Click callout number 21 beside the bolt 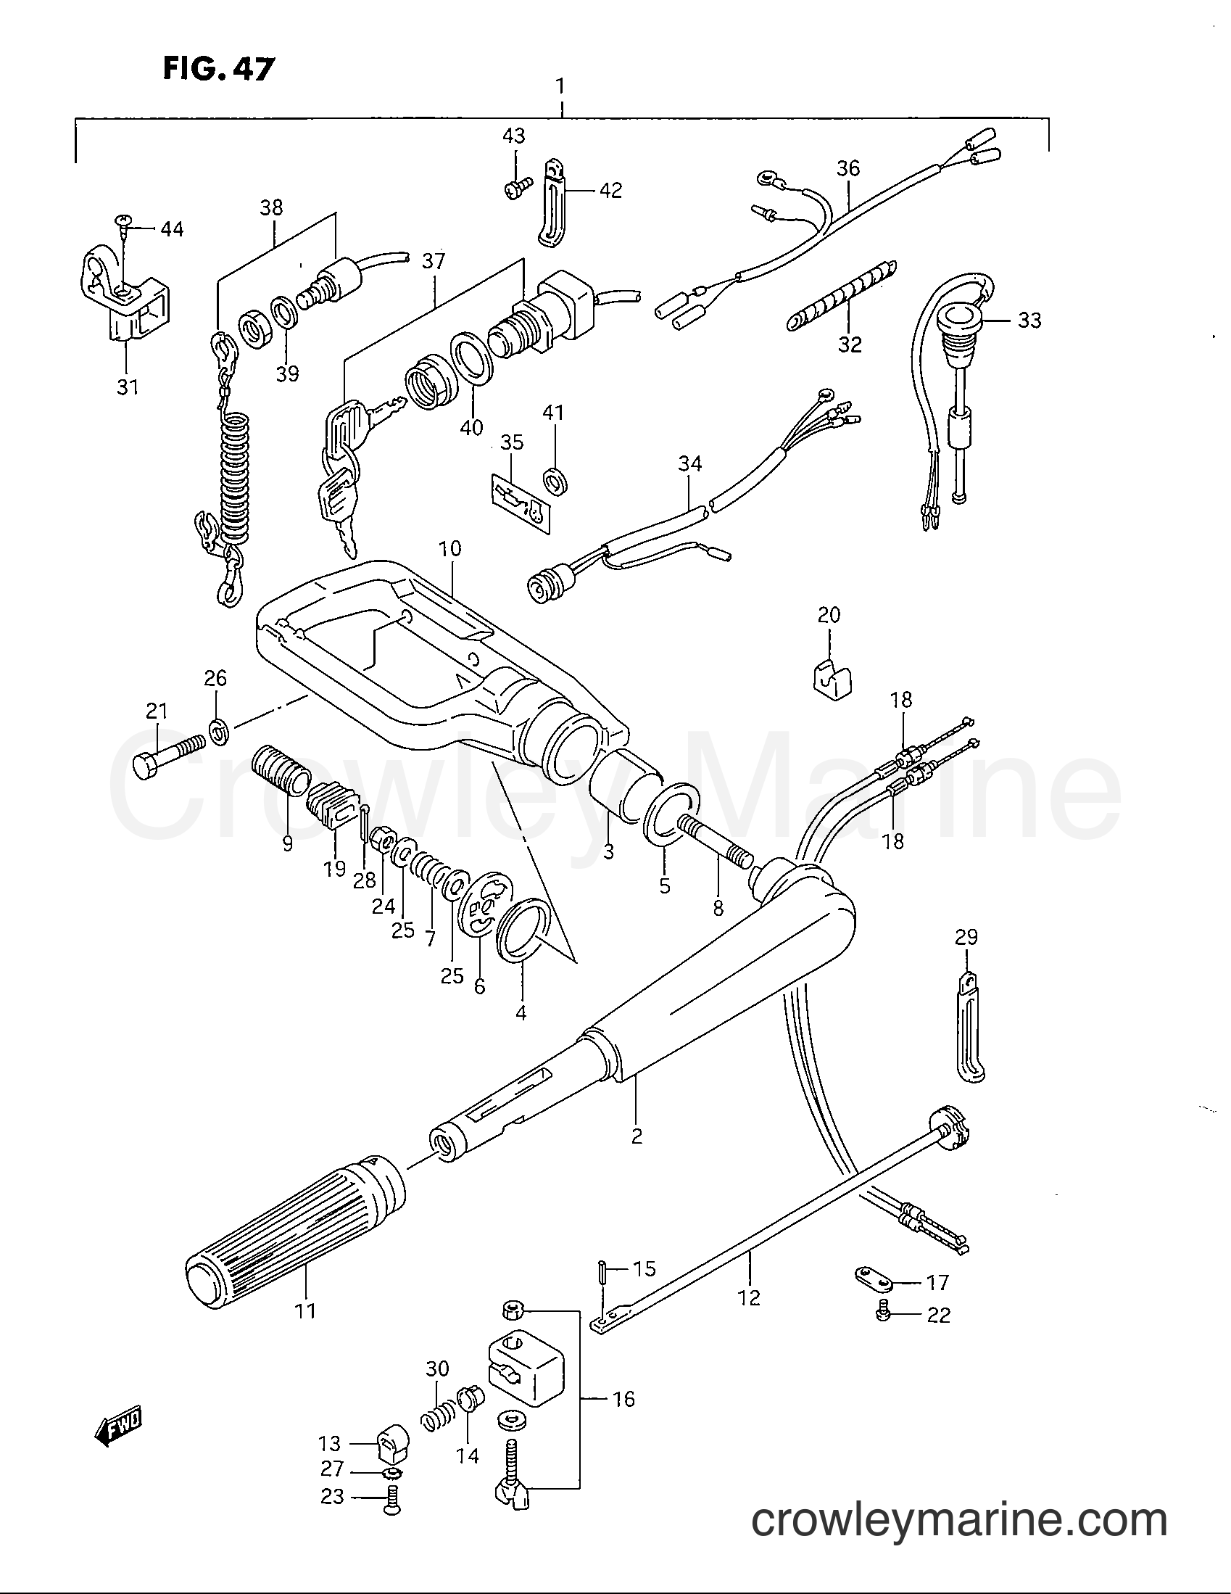pos(156,710)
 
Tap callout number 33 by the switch pos(1029,320)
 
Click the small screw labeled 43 pos(514,188)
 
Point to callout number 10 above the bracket pos(450,548)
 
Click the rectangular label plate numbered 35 pos(520,502)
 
